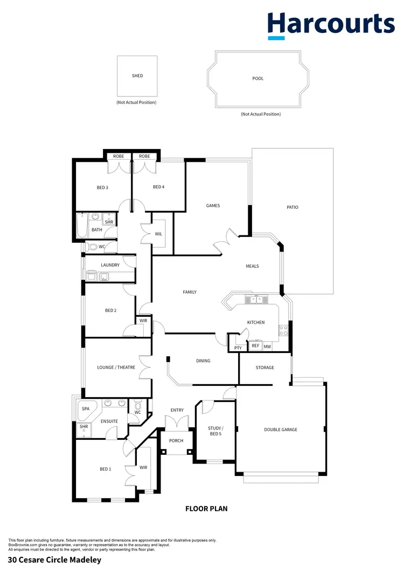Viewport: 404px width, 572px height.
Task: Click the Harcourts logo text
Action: (x=331, y=24)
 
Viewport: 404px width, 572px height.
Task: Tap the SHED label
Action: (x=137, y=76)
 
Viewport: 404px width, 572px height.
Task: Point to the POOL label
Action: (x=258, y=79)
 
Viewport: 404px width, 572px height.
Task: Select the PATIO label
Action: (x=292, y=207)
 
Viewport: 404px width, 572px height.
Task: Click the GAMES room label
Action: (x=213, y=206)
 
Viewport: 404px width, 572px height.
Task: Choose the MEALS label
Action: (x=252, y=266)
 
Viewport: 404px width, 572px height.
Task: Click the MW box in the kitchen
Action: (x=267, y=346)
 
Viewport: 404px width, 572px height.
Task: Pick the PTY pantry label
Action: (x=238, y=348)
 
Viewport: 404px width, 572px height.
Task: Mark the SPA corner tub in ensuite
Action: (x=86, y=410)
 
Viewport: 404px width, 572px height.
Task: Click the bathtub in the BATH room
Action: (x=82, y=226)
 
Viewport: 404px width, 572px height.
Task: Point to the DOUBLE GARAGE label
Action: (x=281, y=430)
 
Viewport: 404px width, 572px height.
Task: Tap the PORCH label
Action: (x=176, y=441)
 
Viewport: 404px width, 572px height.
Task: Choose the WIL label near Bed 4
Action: (x=158, y=234)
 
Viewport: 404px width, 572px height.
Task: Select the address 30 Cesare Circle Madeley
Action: (x=54, y=560)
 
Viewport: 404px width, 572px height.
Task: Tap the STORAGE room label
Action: (x=264, y=367)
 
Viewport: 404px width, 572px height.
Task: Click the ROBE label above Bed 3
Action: (x=119, y=156)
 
